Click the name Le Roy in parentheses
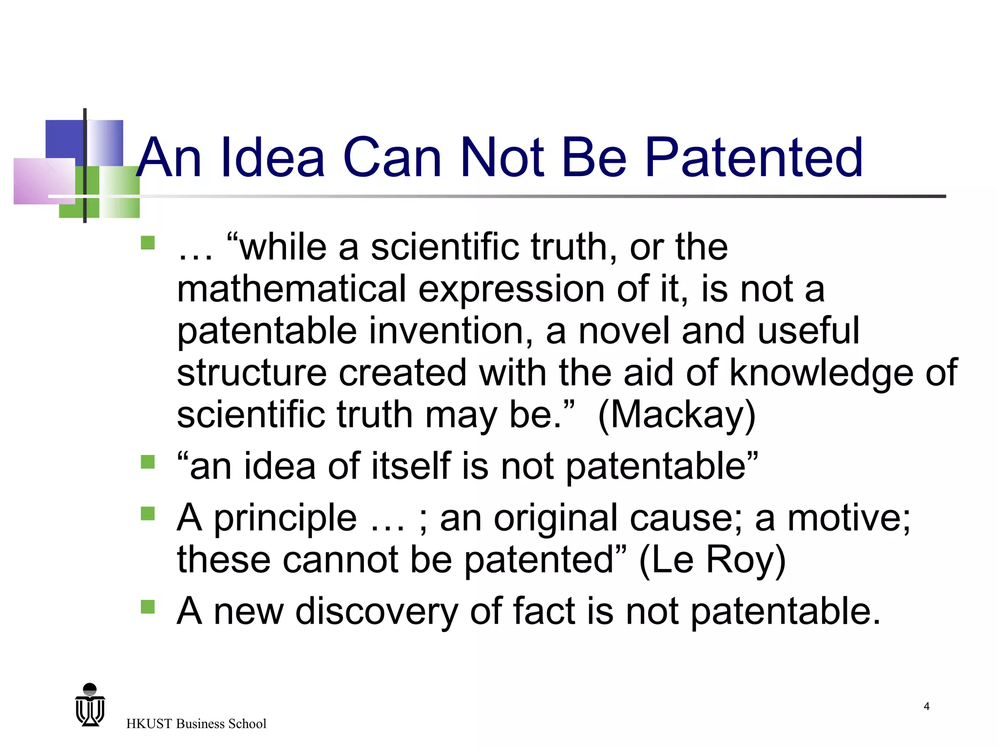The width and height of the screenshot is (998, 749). (x=712, y=560)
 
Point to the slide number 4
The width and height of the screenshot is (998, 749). (x=926, y=706)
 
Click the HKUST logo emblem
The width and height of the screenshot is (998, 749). (x=90, y=705)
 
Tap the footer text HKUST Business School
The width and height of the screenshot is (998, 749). (x=196, y=724)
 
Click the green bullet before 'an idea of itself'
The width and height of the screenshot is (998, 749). (x=148, y=461)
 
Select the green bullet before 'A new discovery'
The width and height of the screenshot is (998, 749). (x=148, y=607)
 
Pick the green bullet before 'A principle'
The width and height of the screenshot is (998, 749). (x=148, y=513)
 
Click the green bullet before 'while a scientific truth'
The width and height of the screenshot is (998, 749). (x=148, y=243)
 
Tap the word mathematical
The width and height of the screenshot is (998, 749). (x=291, y=289)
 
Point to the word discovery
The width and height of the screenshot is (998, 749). (x=376, y=611)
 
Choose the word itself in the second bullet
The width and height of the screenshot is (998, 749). (x=411, y=466)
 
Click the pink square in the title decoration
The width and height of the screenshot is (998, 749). (x=44, y=181)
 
